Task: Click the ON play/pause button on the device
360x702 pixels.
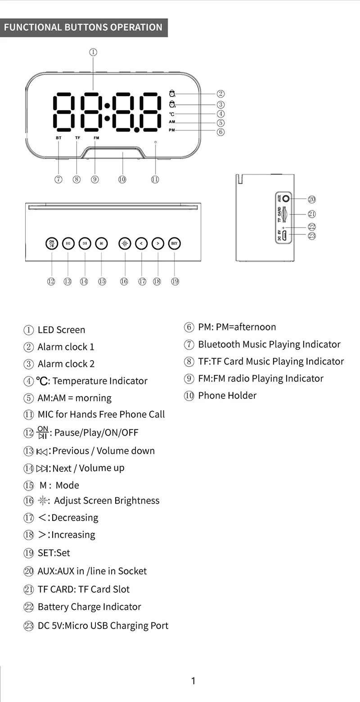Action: pos(52,243)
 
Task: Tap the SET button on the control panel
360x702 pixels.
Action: pos(174,243)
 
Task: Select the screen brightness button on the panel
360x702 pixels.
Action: pos(125,243)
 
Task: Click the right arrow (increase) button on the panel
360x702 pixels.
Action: pos(157,243)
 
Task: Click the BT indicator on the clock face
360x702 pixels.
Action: pos(58,138)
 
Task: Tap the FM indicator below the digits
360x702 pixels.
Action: pos(96,138)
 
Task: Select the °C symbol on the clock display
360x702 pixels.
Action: pos(172,114)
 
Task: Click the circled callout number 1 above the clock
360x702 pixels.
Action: pos(93,52)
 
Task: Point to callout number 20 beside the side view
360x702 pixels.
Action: pos(311,199)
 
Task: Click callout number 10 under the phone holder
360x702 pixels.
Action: pos(122,179)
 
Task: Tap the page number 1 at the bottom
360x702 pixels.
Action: pos(193,681)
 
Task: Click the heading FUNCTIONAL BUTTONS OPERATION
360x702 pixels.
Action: pos(83,27)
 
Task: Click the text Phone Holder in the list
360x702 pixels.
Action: pos(227,396)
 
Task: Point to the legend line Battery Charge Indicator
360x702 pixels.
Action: pos(89,607)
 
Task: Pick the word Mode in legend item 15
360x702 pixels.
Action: pos(67,485)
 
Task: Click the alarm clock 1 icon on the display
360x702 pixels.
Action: pos(172,94)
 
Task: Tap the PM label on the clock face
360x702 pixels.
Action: pos(172,130)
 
